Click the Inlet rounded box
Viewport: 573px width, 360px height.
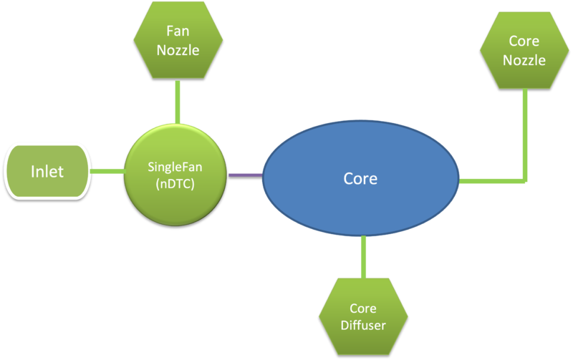pos(47,172)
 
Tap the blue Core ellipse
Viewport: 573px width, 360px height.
pos(360,179)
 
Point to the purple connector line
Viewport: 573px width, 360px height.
pos(245,174)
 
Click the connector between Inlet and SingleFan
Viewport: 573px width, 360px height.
pos(108,171)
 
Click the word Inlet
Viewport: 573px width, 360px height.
pos(47,172)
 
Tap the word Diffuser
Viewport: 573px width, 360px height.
pos(363,326)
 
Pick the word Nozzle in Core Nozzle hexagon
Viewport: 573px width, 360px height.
pos(524,60)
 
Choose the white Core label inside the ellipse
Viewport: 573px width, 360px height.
pos(360,179)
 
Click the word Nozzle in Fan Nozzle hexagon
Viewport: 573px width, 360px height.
pos(178,52)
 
